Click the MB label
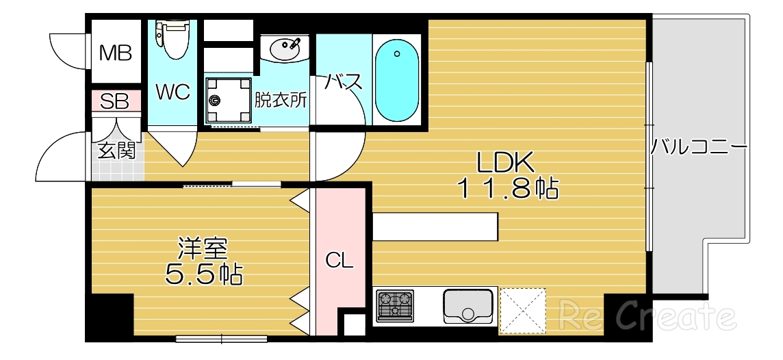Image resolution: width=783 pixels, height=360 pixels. coord(116,53)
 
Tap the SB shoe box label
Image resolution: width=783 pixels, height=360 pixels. coord(114,102)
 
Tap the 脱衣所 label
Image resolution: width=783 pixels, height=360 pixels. coord(281,100)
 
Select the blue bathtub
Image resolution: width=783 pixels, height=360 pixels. coord(396,81)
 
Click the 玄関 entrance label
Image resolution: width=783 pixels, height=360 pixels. coord(117,151)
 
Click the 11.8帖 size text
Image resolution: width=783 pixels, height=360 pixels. coord(508,188)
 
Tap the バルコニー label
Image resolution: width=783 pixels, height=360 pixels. coord(698,147)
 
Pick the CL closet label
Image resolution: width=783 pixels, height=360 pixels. coord(339,261)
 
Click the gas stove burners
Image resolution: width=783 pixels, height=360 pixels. coord(396,305)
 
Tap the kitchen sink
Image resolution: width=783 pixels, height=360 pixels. coord(468,305)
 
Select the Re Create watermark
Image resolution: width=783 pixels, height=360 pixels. coord(647,316)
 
